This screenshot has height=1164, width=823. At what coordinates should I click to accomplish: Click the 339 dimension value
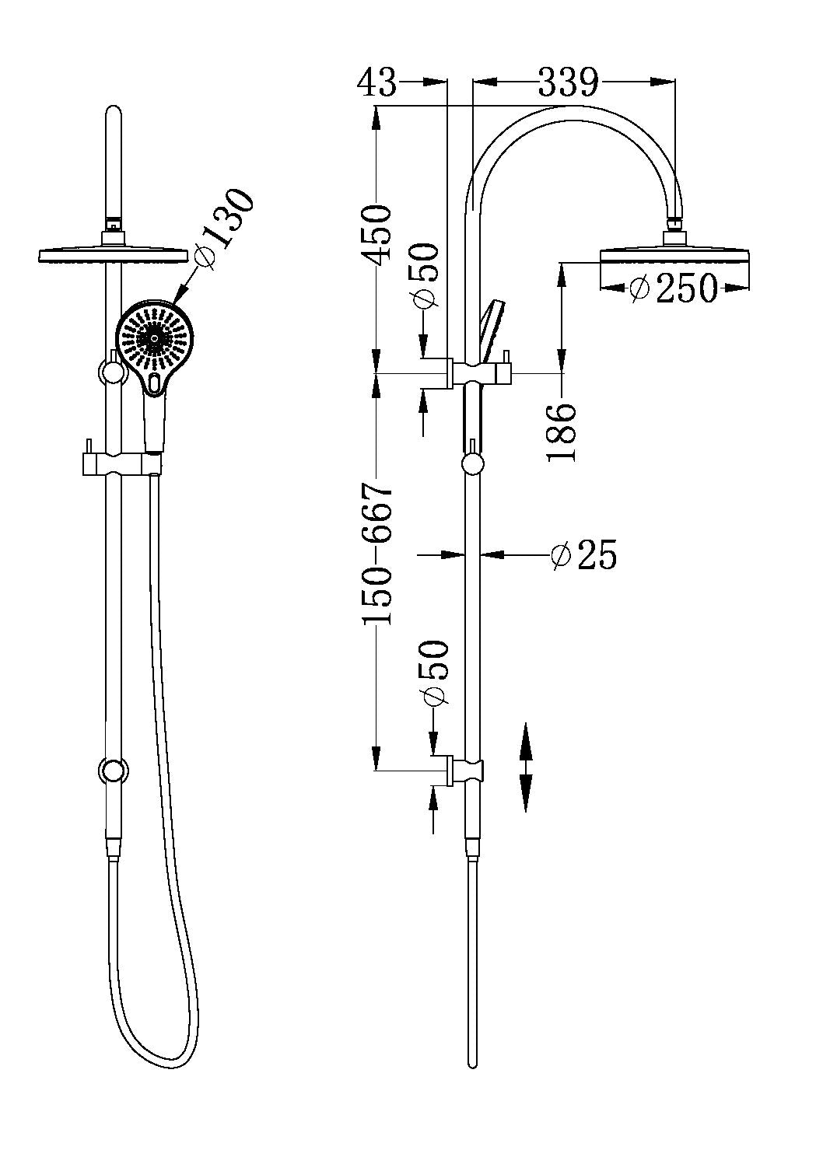(x=569, y=82)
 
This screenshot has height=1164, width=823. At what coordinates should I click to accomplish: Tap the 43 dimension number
(x=377, y=82)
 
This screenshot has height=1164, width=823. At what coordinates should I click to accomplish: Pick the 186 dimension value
(x=562, y=432)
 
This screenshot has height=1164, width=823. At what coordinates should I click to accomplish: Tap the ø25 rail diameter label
(x=583, y=555)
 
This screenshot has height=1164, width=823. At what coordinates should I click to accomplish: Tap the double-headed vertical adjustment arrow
(x=526, y=767)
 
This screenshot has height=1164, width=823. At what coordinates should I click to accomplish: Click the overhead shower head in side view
(x=674, y=257)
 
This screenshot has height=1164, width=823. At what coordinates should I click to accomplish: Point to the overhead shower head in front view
(x=114, y=254)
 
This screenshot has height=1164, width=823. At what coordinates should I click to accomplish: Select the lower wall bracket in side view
(x=465, y=771)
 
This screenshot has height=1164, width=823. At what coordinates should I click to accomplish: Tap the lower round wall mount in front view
(x=113, y=771)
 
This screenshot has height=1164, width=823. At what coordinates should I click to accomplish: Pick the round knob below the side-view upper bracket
(x=471, y=464)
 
